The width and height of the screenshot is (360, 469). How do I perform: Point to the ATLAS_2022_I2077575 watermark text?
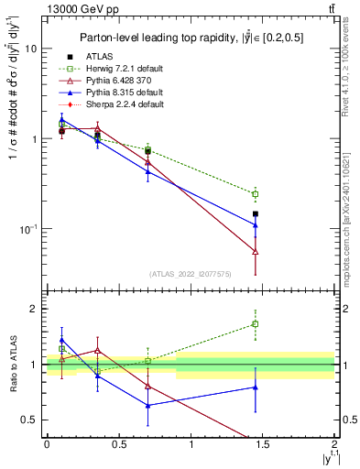(191, 274)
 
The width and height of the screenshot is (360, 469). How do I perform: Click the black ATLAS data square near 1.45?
(256, 213)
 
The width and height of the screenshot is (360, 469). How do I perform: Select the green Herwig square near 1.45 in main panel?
(256, 194)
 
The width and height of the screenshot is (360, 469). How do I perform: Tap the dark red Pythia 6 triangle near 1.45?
(256, 251)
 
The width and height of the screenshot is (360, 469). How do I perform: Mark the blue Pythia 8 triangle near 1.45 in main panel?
(256, 224)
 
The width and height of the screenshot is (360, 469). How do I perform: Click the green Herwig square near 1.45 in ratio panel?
(256, 323)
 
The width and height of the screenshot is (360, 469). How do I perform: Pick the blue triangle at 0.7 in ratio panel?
(147, 405)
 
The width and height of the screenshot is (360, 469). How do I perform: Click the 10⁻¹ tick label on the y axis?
(27, 229)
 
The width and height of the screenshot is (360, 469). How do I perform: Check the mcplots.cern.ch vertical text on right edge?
(352, 220)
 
